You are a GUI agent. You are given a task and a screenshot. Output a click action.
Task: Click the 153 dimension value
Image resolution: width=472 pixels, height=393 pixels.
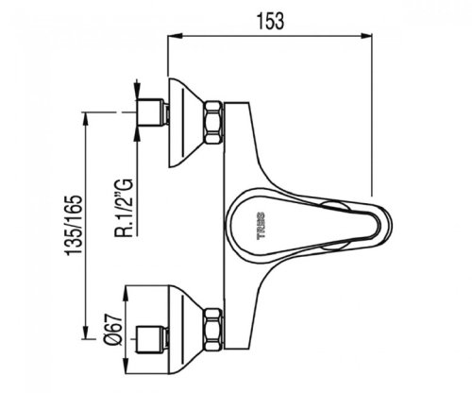point(271,21)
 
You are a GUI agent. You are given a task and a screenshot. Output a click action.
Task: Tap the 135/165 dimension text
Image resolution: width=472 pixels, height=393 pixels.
point(74,225)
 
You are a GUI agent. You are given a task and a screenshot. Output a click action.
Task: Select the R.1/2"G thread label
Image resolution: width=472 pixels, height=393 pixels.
point(124,207)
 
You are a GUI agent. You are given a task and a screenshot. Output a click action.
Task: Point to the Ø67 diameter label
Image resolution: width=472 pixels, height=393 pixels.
point(113,331)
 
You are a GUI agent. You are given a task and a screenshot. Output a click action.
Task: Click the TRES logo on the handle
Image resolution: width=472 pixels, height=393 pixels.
point(261,226)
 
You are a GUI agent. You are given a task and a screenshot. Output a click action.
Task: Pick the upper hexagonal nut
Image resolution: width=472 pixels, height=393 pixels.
point(213,122)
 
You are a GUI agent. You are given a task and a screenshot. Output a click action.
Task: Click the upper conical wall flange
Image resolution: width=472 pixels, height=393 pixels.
point(186,122)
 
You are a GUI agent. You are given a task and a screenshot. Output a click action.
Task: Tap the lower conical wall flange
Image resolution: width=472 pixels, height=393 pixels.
point(186,330)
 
